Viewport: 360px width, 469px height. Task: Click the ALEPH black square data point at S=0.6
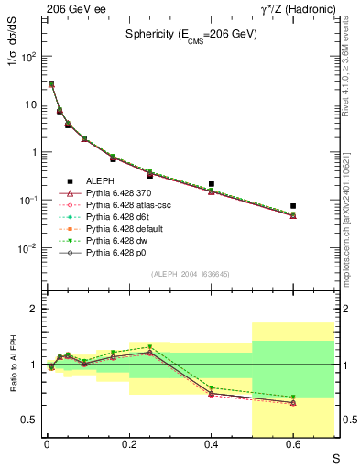(293, 206)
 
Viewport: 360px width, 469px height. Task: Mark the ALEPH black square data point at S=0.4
(211, 184)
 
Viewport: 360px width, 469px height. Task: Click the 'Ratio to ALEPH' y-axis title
(14, 365)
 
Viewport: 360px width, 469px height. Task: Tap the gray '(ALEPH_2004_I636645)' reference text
(191, 274)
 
